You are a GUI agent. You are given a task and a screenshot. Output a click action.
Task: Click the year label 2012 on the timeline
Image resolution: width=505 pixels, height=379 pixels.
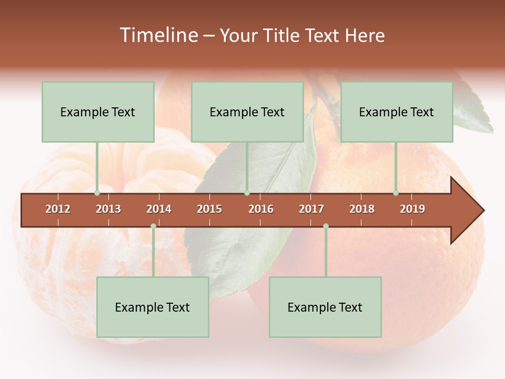[58, 209]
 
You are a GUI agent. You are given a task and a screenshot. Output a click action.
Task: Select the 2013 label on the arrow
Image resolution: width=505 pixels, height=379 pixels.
[108, 209]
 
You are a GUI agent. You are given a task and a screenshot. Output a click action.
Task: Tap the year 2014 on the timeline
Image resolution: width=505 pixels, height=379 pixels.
[159, 209]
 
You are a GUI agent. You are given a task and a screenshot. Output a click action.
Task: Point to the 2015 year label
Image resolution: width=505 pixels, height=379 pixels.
[209, 209]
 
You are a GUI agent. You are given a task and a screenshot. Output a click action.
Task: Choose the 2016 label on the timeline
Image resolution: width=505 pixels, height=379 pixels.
[261, 209]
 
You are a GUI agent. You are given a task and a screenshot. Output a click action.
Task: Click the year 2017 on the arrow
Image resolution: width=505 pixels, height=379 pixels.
[311, 209]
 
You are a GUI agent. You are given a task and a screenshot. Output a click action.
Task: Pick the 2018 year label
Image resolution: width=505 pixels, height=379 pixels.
[362, 209]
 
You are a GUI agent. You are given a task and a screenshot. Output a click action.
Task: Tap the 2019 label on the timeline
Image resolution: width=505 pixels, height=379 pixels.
[412, 209]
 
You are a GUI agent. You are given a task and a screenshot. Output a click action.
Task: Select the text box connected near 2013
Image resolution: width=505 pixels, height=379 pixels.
[98, 112]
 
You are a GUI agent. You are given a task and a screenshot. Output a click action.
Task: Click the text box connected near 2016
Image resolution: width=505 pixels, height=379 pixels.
[247, 112]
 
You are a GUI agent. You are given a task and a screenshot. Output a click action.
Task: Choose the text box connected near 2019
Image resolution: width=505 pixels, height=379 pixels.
[397, 112]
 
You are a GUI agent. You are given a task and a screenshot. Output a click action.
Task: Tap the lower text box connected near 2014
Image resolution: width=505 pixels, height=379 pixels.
[153, 307]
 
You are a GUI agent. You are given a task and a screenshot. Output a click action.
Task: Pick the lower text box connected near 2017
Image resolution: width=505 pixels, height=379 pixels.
[325, 307]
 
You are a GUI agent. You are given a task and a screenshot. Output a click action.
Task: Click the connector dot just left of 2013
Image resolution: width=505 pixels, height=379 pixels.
[97, 193]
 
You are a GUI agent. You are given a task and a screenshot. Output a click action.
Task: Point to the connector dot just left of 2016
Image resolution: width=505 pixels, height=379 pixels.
[247, 193]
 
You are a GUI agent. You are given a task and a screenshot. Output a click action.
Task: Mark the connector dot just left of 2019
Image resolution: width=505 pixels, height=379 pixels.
[396, 193]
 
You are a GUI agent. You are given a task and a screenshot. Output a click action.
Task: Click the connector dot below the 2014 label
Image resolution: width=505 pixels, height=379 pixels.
[153, 226]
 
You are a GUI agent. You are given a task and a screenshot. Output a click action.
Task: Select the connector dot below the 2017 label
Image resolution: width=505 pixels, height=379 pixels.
[326, 226]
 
